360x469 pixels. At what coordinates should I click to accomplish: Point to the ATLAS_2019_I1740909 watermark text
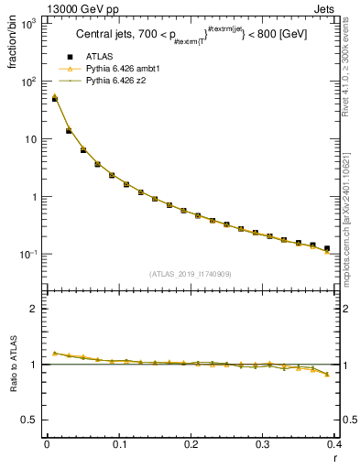click(191, 274)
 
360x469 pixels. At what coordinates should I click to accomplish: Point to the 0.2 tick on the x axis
click(191, 446)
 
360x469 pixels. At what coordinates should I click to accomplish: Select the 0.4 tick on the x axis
click(334, 446)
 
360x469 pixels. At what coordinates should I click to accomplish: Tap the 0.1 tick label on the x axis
click(119, 446)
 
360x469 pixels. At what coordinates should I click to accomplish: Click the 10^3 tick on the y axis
click(27, 24)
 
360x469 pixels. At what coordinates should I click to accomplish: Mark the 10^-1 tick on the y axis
click(27, 254)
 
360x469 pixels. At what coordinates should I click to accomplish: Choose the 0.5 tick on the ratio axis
click(29, 420)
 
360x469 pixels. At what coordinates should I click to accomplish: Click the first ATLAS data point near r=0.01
click(54, 99)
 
